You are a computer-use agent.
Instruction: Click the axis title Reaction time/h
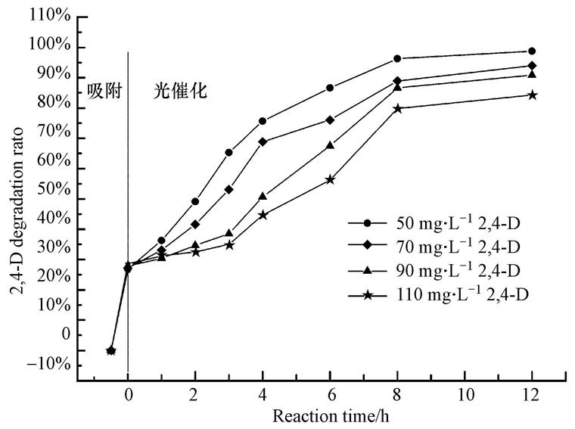pyautogui.click(x=331, y=416)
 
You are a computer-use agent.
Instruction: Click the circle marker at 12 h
pyautogui.click(x=532, y=51)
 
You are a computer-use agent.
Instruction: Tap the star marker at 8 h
pyautogui.click(x=397, y=108)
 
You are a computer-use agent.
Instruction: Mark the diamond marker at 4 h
pyautogui.click(x=263, y=141)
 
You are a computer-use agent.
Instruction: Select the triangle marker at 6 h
pyautogui.click(x=330, y=145)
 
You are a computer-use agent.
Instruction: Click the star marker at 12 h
pyautogui.click(x=532, y=95)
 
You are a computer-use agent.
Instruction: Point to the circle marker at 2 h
pyautogui.click(x=195, y=201)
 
